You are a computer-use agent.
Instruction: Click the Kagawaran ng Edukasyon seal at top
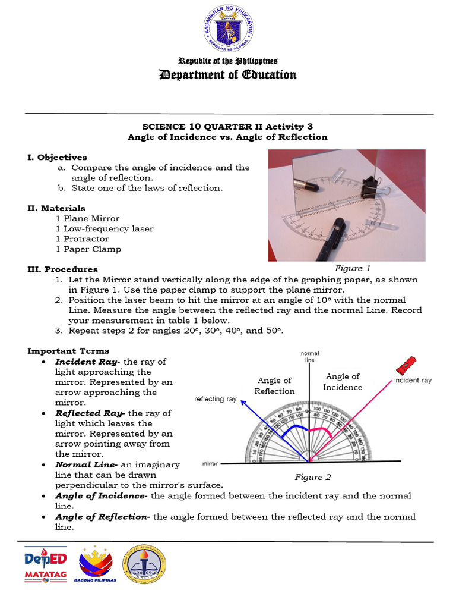point(228,30)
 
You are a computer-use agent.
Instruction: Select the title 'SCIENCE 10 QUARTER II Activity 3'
point(227,127)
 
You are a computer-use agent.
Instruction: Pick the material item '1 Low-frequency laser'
point(104,228)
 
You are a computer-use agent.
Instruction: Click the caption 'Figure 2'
point(313,477)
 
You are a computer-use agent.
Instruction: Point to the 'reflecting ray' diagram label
point(216,399)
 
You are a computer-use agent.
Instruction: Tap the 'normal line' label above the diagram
point(309,357)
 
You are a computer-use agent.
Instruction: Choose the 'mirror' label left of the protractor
point(211,463)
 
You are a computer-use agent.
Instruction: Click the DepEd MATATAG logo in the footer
point(46,564)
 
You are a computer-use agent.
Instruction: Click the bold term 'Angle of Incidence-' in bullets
point(102,496)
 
